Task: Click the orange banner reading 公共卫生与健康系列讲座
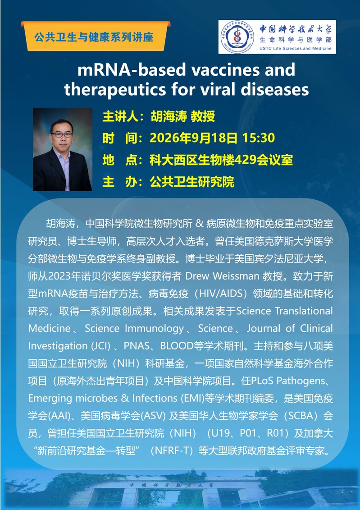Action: tap(96, 36)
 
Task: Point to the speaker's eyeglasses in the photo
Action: tap(61, 134)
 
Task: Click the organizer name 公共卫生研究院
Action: tap(191, 182)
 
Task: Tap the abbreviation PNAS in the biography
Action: tap(136, 346)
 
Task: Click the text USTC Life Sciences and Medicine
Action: tap(296, 48)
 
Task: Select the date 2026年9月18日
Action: tap(194, 138)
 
